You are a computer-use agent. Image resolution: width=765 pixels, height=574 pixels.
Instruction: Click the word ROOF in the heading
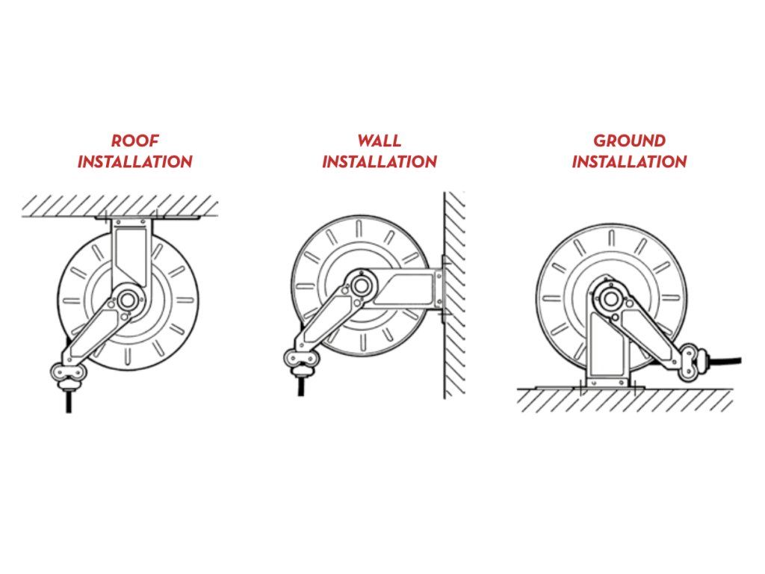click(x=135, y=141)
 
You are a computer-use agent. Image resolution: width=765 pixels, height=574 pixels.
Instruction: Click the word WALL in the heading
click(x=379, y=141)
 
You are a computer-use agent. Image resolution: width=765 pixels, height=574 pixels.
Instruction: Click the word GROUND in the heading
click(x=629, y=141)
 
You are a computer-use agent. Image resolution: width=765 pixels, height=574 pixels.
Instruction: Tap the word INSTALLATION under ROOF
click(x=135, y=161)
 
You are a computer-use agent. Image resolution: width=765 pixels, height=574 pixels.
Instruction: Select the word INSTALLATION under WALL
click(x=379, y=161)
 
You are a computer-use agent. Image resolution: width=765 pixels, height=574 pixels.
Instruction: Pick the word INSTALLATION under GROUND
click(x=629, y=161)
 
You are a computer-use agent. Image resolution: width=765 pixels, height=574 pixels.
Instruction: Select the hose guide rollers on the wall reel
click(x=301, y=360)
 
